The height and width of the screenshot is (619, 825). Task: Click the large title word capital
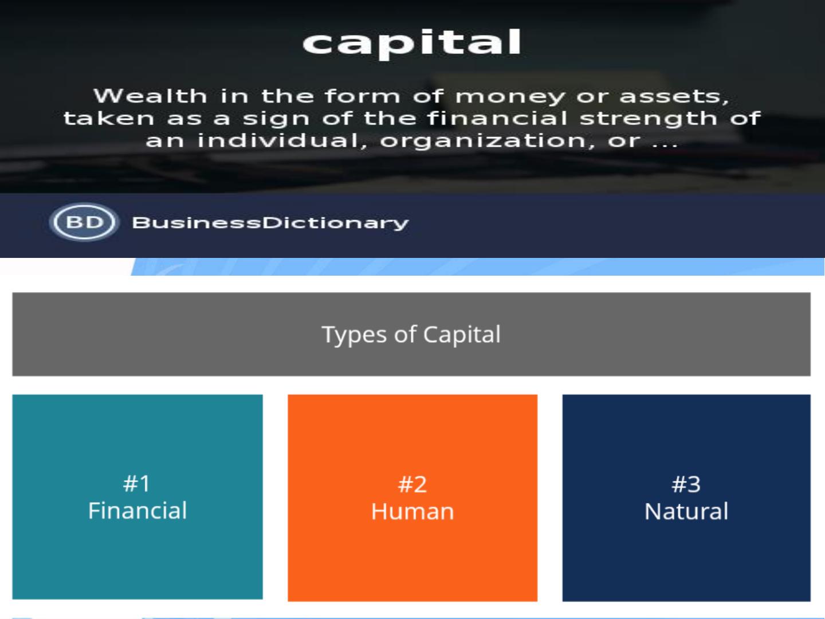tap(412, 43)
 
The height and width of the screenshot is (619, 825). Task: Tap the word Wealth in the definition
tap(150, 96)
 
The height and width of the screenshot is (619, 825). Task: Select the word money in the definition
tap(510, 97)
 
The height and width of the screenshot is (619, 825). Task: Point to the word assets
tap(674, 97)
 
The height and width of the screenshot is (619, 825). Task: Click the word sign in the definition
tap(276, 119)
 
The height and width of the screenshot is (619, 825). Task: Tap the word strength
tap(649, 119)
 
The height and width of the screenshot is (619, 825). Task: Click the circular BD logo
tap(84, 222)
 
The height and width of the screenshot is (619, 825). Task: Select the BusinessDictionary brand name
tap(270, 223)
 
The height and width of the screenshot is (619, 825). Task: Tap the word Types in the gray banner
tap(354, 335)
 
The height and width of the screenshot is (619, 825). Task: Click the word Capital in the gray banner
tap(462, 335)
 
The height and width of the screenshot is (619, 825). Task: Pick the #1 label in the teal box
tap(137, 483)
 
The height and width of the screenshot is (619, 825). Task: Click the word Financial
tap(137, 510)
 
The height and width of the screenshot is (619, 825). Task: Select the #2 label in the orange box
tap(412, 484)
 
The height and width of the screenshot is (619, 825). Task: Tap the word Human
tap(412, 511)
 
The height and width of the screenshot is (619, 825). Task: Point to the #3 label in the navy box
tap(686, 484)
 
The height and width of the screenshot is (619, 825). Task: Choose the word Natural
tap(686, 511)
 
